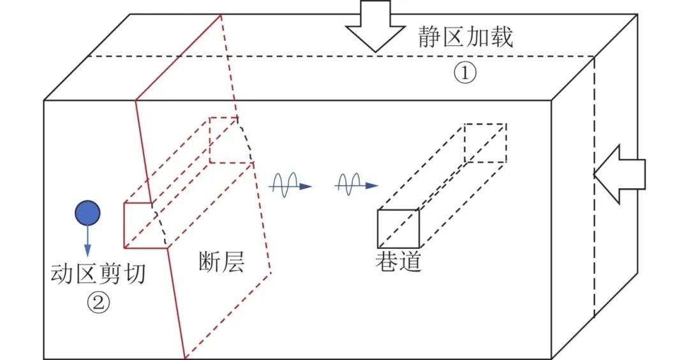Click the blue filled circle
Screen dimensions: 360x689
pyautogui.click(x=87, y=213)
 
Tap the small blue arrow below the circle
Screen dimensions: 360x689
pyautogui.click(x=87, y=241)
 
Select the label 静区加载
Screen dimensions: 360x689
pyautogui.click(x=465, y=38)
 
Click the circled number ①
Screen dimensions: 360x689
pyautogui.click(x=465, y=73)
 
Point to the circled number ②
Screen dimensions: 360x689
pyautogui.click(x=98, y=301)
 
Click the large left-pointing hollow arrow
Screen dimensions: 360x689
pyautogui.click(x=620, y=174)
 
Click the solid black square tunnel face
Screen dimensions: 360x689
pyautogui.click(x=399, y=229)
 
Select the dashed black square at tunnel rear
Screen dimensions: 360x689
pyautogui.click(x=485, y=143)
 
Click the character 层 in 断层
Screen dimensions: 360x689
pyautogui.click(x=233, y=262)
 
